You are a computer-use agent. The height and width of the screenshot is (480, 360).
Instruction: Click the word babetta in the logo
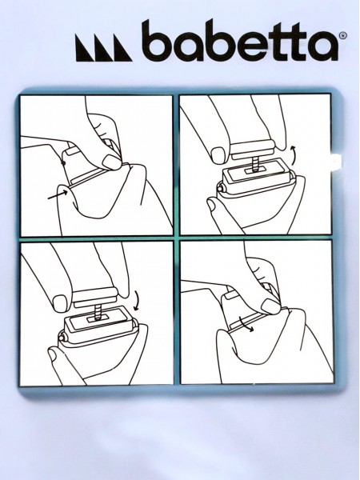240,41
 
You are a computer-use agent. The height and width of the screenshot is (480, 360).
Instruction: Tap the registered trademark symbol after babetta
343,35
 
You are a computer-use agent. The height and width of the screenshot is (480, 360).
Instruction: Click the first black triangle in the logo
85,48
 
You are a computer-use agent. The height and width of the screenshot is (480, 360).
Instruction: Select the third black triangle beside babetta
122,48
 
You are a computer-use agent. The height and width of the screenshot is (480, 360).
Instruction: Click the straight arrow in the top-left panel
58,194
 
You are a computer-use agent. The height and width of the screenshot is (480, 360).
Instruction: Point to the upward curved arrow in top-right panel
294,155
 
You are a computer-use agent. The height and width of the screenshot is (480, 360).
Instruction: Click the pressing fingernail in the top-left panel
111,162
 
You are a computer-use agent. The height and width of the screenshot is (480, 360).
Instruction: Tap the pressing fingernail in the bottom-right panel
270,306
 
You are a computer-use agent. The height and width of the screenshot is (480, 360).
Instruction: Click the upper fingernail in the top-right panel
218,154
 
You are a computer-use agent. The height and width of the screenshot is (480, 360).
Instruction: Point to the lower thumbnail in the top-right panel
211,205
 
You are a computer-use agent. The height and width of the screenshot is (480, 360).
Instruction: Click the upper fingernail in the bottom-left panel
60,303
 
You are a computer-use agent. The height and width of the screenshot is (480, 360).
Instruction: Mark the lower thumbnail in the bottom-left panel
52,354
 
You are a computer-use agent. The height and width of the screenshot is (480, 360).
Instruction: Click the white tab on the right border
336,160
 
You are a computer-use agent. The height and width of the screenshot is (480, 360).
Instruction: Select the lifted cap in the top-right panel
252,150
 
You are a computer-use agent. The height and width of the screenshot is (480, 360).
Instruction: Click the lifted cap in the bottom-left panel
95,298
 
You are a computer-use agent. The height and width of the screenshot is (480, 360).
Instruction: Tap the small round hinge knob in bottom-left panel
62,337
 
